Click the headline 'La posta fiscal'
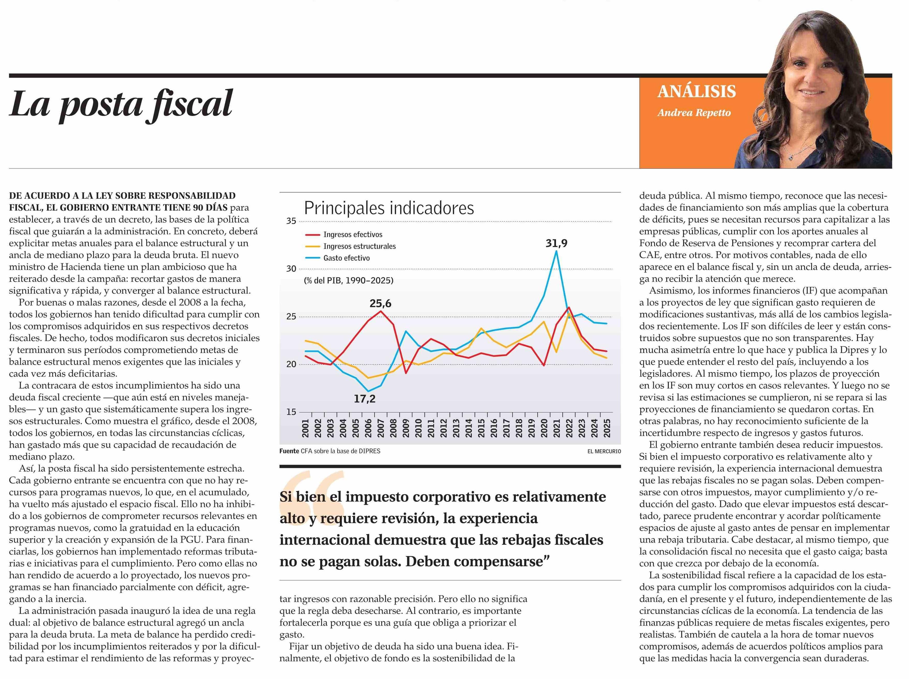[121, 104]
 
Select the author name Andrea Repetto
[694, 113]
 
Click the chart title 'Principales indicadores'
[389, 208]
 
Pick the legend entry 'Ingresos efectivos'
[353, 234]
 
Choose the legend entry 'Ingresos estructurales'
[359, 246]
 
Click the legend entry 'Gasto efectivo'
[346, 258]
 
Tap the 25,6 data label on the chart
[380, 304]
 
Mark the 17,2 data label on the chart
[364, 398]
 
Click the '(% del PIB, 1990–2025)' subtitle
[348, 281]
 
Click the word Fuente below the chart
[289, 451]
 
